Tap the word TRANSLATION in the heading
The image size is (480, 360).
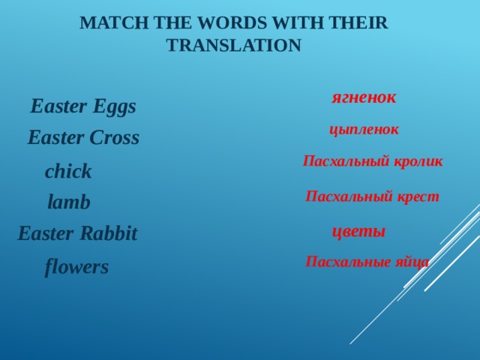[x=233, y=46]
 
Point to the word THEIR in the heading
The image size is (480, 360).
[x=358, y=23]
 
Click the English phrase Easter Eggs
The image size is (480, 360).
[x=83, y=107]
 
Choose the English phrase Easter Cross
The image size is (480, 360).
[x=83, y=139]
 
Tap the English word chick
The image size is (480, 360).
[x=68, y=172]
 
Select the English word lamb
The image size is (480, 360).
[x=69, y=202]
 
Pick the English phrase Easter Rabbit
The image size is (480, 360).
[x=77, y=234]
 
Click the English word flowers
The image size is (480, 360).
[x=76, y=266]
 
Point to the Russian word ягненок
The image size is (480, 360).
[x=364, y=97]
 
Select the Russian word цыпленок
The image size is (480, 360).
[x=364, y=130]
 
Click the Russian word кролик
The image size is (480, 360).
[x=419, y=161]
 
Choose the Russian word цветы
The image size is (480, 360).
[x=358, y=232]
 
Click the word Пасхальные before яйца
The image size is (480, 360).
[x=348, y=262]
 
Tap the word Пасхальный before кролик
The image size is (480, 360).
[x=346, y=161]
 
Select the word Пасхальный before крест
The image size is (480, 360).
[x=349, y=197]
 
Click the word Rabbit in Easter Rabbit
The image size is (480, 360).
[x=109, y=234]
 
